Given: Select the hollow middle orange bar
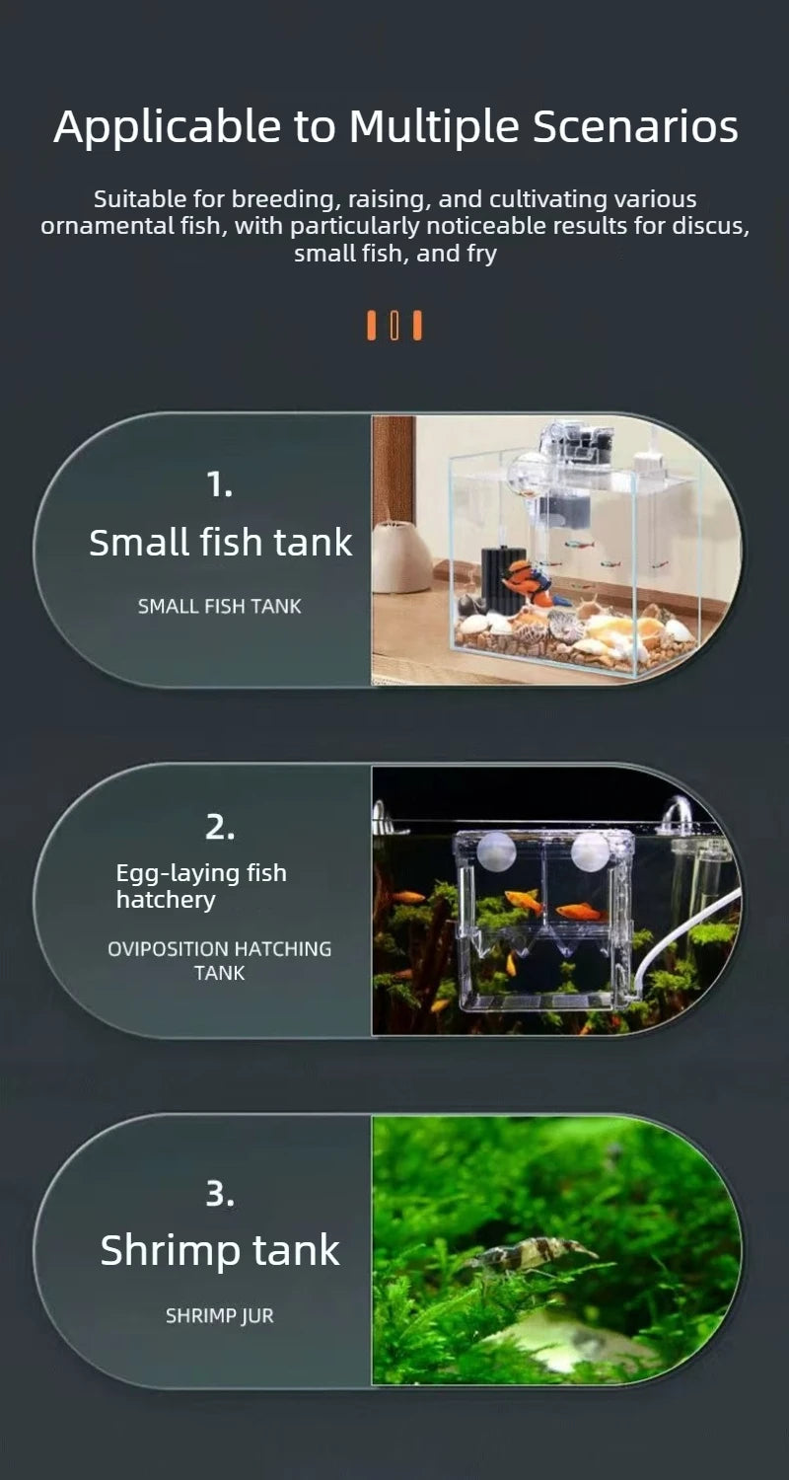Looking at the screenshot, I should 394,325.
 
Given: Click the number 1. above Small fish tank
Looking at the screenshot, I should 220,484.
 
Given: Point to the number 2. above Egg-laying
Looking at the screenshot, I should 220,828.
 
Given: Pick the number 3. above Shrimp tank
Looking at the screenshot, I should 220,1194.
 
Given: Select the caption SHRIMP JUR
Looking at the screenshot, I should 220,1316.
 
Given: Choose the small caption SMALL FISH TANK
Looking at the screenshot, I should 220,607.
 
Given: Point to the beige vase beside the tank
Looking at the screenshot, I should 400,557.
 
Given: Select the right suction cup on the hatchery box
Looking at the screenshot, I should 590,850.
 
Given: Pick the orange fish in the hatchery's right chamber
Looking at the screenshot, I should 578,912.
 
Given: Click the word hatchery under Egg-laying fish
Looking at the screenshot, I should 151,900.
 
